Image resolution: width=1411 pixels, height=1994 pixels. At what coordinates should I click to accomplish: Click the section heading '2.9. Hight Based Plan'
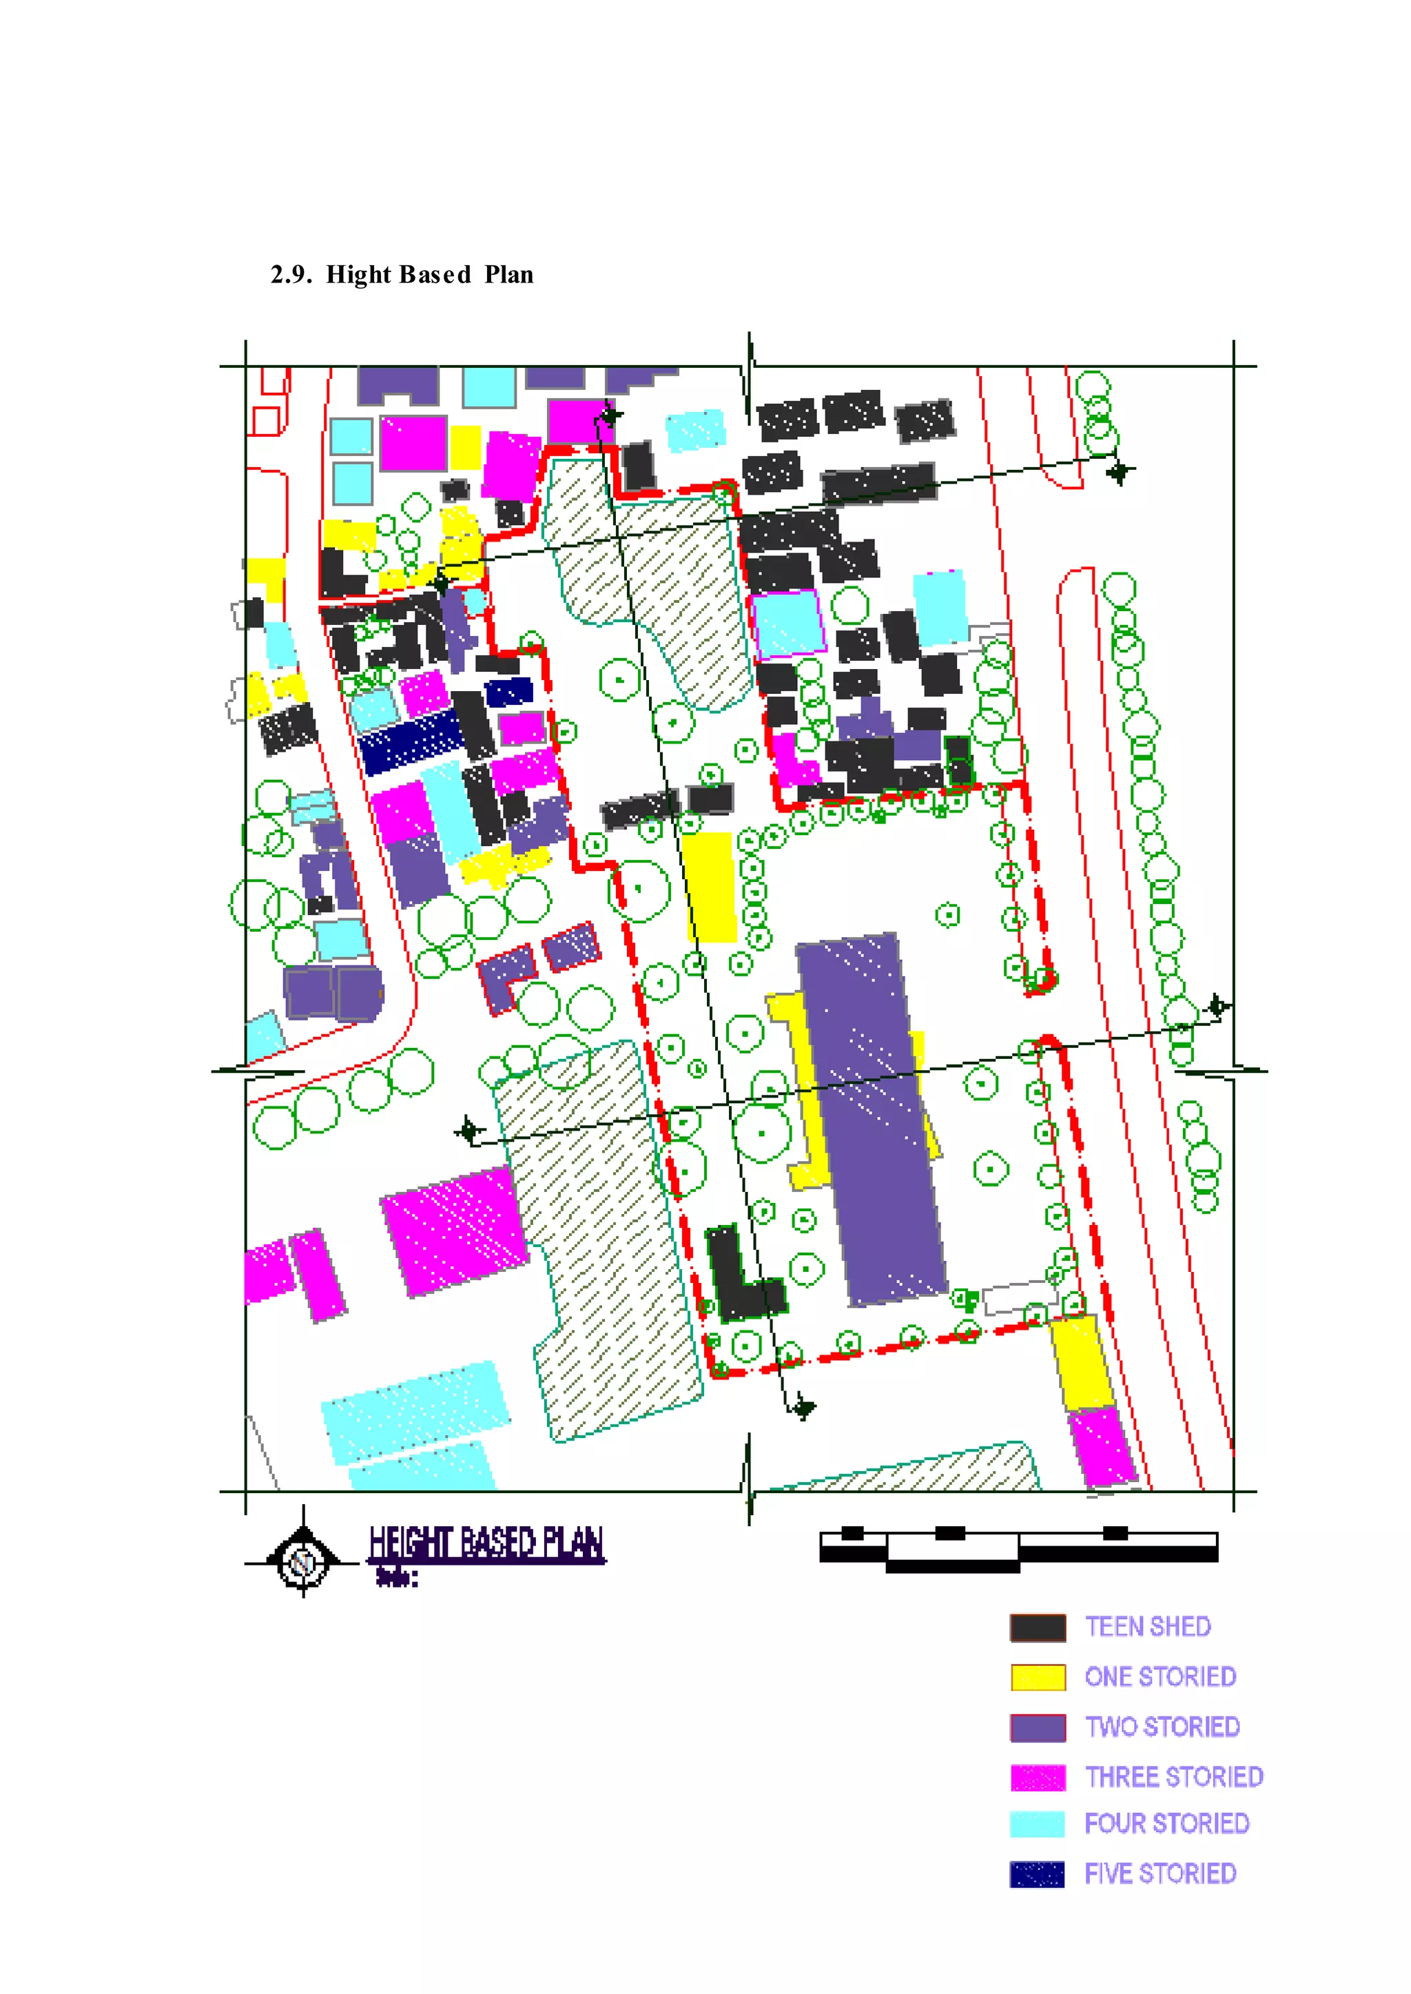click(x=402, y=274)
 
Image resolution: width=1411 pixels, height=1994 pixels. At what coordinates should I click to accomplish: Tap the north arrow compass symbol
click(x=302, y=1562)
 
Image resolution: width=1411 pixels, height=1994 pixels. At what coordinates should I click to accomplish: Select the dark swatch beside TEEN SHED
click(x=1038, y=1627)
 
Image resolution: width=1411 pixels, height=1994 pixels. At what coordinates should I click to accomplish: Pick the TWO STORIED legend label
click(x=1162, y=1727)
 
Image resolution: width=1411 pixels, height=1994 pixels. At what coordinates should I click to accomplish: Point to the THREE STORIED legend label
click(x=1173, y=1777)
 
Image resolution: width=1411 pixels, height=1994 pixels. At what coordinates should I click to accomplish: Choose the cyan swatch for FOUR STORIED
click(x=1038, y=1824)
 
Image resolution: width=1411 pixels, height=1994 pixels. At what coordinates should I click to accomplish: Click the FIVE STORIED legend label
click(x=1160, y=1873)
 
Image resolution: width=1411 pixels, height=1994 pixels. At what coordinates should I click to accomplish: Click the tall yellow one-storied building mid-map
click(x=709, y=886)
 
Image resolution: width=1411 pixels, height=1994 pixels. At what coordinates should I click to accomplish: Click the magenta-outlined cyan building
click(x=788, y=622)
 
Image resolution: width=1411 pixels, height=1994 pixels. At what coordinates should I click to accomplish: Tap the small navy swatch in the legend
click(x=1038, y=1874)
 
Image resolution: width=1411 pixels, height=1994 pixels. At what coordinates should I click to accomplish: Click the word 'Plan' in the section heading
click(x=509, y=274)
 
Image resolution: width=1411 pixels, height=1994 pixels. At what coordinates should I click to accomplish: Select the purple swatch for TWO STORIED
click(x=1038, y=1727)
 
